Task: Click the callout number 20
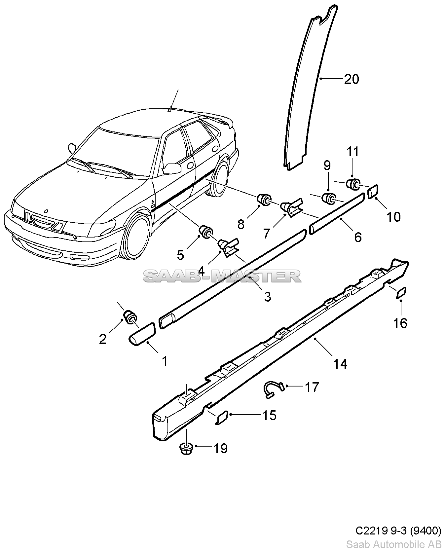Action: tap(351, 79)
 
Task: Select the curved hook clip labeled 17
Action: tap(273, 389)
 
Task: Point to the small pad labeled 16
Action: tap(401, 293)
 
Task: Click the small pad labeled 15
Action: tap(222, 417)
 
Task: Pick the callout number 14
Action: tap(340, 364)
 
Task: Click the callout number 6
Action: tap(358, 237)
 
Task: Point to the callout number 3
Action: tap(267, 296)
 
